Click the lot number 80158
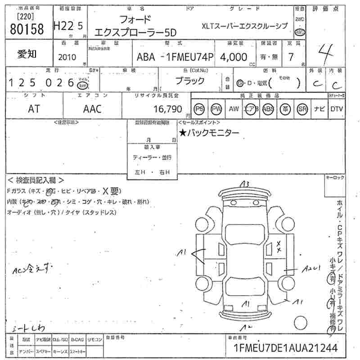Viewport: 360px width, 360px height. (27, 29)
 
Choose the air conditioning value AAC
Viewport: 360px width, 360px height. (93, 108)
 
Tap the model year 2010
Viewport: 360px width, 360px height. (67, 57)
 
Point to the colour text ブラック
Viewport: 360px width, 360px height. (189, 81)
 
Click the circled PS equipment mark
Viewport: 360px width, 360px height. (199, 108)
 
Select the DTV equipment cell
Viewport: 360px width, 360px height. (337, 108)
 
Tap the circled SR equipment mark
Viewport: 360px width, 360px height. (302, 108)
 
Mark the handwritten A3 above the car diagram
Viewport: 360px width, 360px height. (244, 184)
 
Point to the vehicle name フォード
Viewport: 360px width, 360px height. (135, 19)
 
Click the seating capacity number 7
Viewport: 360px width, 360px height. (291, 57)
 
